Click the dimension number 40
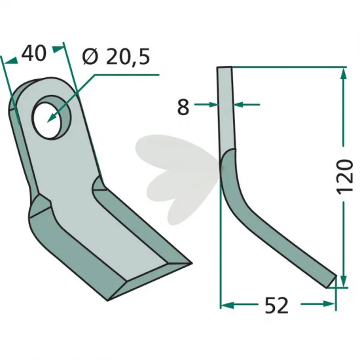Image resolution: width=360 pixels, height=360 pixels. [34, 53]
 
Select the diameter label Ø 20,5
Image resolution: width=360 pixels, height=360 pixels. [116, 56]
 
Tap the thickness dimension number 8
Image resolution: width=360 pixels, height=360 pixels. [183, 107]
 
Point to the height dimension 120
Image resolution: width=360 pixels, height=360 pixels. [344, 176]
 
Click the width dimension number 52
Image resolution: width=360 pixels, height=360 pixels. [276, 306]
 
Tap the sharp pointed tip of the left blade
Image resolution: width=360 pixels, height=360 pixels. [191, 264]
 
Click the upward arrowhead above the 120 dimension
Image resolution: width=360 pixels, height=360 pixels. [343, 73]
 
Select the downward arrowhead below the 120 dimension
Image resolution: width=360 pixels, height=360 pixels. [343, 281]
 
